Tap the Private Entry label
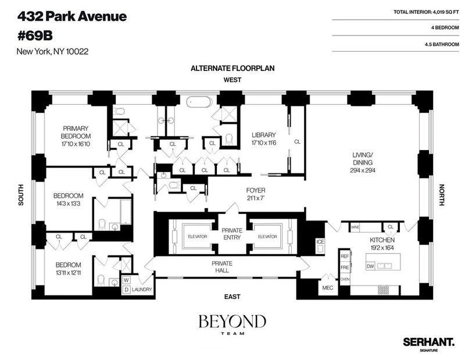[x=232, y=234]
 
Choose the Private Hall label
[x=222, y=267]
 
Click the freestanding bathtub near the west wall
[x=199, y=102]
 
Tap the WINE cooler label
[x=355, y=227]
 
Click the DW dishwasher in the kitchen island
[x=370, y=266]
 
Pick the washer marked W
[x=126, y=280]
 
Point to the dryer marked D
[x=126, y=290]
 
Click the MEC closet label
[x=327, y=288]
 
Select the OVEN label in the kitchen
[x=345, y=279]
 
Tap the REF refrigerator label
[x=345, y=256]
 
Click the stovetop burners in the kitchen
[x=384, y=290]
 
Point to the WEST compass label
[x=233, y=80]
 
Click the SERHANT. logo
[x=428, y=342]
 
